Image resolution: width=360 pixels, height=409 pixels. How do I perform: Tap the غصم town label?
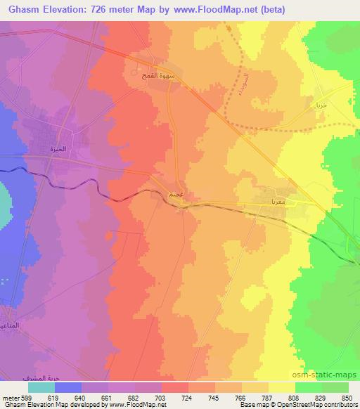[x=176, y=193]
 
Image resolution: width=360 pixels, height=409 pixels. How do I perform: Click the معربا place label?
[x=274, y=201]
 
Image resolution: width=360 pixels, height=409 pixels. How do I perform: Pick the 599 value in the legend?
[x=25, y=398]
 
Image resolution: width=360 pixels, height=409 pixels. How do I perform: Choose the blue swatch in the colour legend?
[x=67, y=387]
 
